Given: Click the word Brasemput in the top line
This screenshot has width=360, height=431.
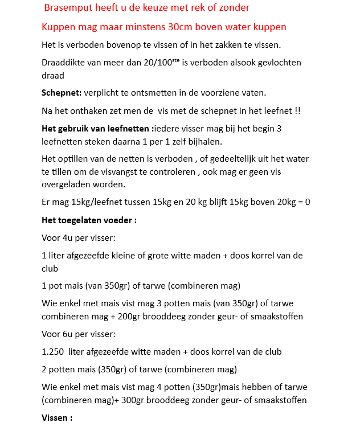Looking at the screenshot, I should pos(67,8).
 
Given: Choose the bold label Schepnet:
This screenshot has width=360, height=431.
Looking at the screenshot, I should pos(62,93).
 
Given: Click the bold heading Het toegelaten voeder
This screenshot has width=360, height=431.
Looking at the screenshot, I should pos(88,220).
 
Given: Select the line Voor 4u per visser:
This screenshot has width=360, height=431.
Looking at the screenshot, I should pos(79,238).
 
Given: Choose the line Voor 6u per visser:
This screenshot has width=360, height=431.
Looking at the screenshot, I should pos(79,334).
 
